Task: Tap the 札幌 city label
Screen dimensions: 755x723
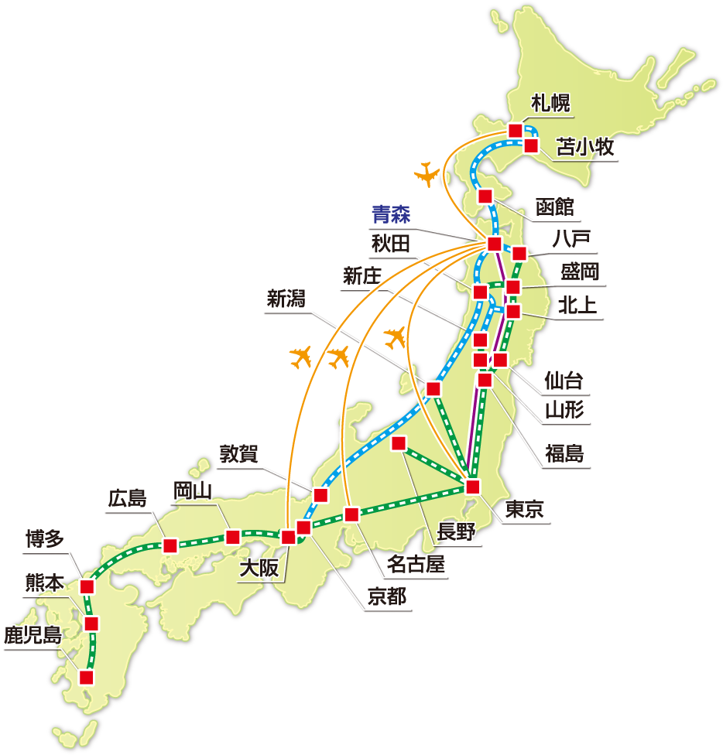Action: [x=550, y=104]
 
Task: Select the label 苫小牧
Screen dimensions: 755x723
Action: [x=588, y=148]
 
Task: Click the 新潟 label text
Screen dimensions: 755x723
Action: [x=286, y=299]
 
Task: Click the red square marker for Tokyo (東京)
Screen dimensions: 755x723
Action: [x=473, y=487]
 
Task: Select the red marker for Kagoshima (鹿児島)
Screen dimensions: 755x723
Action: [x=87, y=678]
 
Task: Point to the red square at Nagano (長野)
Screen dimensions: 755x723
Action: [x=399, y=443]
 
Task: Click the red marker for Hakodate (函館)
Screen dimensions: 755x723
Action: [x=486, y=195]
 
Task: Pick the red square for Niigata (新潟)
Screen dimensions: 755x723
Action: [x=433, y=388]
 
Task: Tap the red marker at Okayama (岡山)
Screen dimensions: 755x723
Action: [x=232, y=537]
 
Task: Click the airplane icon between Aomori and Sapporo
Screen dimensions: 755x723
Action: [x=427, y=174]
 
